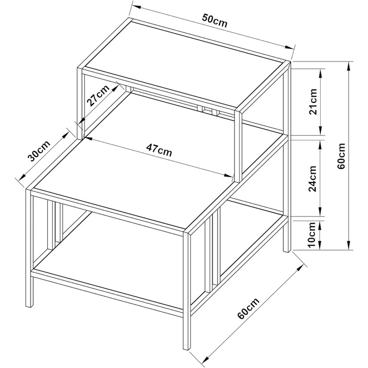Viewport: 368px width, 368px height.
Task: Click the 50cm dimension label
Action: (215, 21)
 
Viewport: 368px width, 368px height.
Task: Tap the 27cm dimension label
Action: (98, 96)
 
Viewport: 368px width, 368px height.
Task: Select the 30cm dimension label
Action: (39, 151)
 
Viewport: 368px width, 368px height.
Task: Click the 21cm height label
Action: (313, 102)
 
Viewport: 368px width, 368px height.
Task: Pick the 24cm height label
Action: (313, 179)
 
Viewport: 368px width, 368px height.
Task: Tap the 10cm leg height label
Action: (312, 235)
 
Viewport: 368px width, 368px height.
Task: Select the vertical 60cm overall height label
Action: (341, 156)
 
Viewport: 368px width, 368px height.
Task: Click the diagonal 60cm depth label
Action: (248, 308)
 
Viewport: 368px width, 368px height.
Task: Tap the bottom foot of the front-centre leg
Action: (187, 348)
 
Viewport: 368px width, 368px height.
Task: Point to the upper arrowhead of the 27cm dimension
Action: (115, 88)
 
